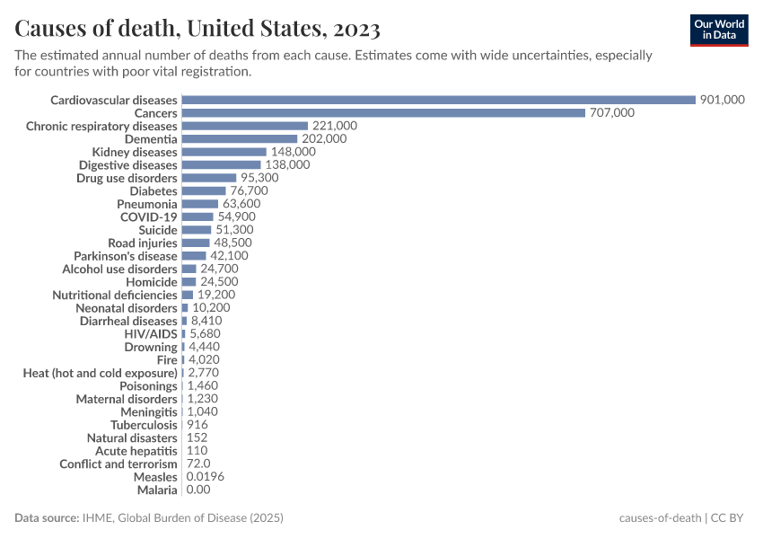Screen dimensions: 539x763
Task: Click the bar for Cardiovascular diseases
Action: click(x=438, y=100)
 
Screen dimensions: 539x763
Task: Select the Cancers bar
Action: click(x=383, y=113)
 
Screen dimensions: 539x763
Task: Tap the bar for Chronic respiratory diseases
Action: click(x=244, y=126)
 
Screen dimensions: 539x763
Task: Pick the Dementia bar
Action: click(x=239, y=139)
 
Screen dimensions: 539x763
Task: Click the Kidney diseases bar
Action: click(x=224, y=152)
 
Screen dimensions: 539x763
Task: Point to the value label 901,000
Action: click(x=722, y=100)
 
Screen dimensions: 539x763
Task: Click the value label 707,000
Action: click(x=611, y=113)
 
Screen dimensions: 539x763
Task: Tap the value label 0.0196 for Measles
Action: click(x=206, y=477)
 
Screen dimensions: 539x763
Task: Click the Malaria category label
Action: click(x=157, y=490)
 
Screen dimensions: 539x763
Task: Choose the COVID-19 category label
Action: click(x=149, y=216)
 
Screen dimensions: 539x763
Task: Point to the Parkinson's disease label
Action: click(x=126, y=256)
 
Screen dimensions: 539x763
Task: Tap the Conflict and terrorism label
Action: click(x=118, y=464)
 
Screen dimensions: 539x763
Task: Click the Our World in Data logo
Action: click(x=718, y=30)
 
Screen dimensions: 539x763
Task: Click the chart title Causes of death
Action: click(x=197, y=30)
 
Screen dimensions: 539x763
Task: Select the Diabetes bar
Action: click(x=204, y=190)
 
